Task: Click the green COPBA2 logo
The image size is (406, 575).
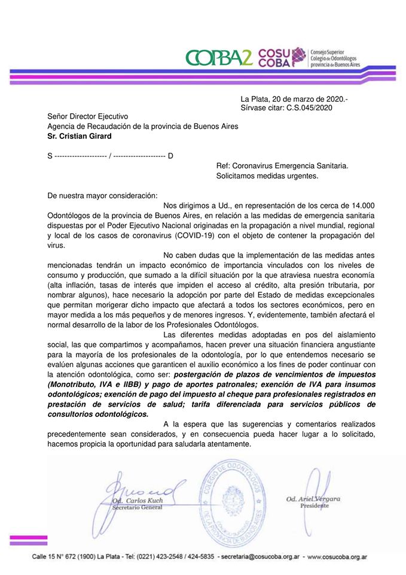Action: (219, 56)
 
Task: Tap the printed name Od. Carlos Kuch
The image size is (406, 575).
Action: (137, 501)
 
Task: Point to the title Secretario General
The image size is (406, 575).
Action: (137, 508)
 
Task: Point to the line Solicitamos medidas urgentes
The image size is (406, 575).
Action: (267, 176)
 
